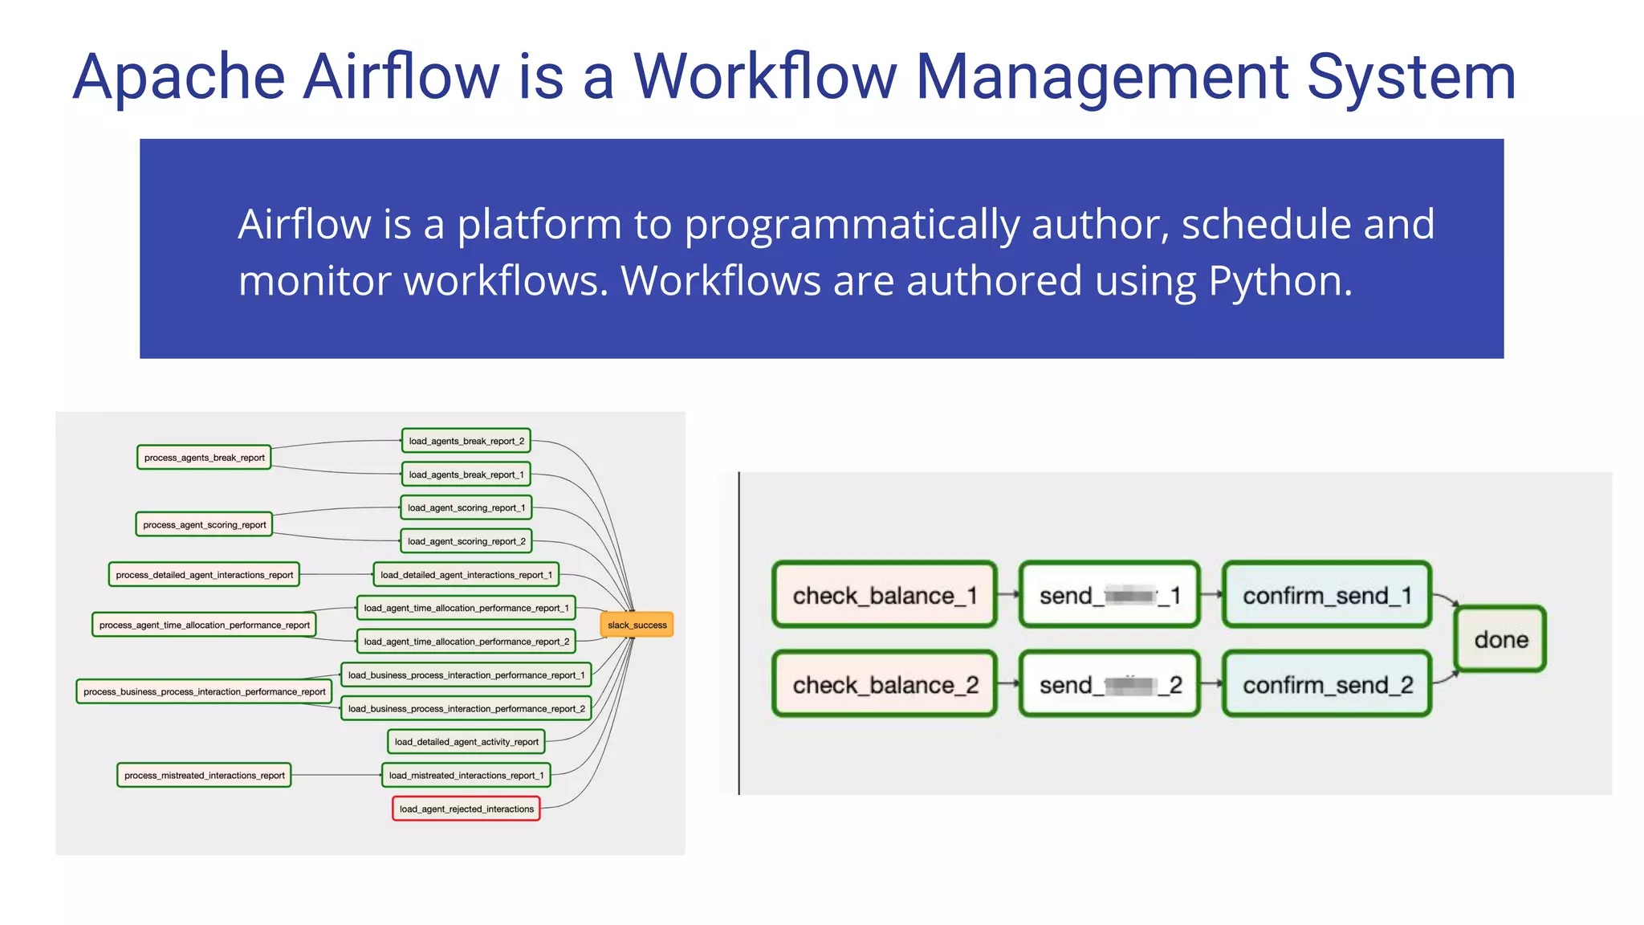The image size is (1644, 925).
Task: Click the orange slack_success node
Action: [x=637, y=625]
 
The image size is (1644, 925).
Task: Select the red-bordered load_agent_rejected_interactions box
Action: [x=466, y=809]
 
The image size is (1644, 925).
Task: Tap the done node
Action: [x=1500, y=639]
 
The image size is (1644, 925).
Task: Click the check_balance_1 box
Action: [x=885, y=595]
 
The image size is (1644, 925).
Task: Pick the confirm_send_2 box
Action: [x=1327, y=684]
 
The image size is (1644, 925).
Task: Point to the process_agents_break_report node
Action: [x=204, y=458]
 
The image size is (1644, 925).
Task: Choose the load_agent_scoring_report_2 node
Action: [x=466, y=541]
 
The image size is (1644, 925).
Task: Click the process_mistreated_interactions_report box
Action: [x=204, y=775]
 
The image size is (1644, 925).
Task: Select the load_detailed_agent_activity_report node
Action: [x=466, y=741]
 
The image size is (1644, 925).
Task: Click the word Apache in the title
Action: [x=179, y=77]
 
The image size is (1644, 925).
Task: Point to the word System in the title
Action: [x=1411, y=77]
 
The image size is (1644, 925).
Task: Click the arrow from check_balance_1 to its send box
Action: [x=1008, y=595]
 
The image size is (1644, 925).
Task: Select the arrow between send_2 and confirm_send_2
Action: [x=1211, y=684]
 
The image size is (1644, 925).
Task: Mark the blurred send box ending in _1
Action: [x=1109, y=595]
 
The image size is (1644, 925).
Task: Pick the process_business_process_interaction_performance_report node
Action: [x=204, y=691]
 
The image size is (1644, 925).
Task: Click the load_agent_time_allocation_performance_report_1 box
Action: [x=466, y=608]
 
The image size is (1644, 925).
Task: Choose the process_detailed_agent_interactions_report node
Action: [x=204, y=575]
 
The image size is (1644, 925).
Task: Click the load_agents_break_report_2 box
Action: [x=466, y=441]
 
